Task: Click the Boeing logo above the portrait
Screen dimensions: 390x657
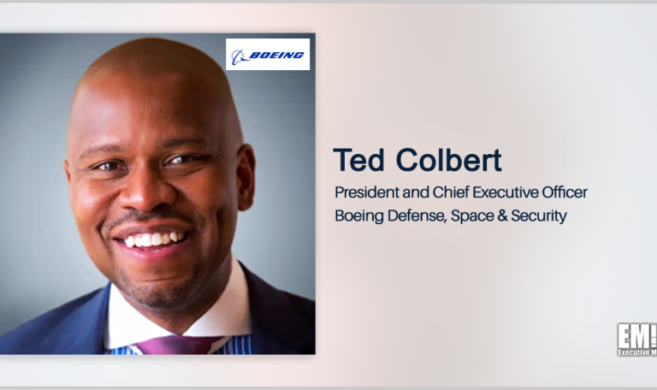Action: pyautogui.click(x=268, y=55)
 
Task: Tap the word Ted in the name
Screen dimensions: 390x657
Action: pyautogui.click(x=355, y=159)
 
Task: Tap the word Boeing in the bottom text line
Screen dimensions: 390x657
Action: pyautogui.click(x=358, y=216)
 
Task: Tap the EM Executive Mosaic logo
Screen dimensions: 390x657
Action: pyautogui.click(x=636, y=338)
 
